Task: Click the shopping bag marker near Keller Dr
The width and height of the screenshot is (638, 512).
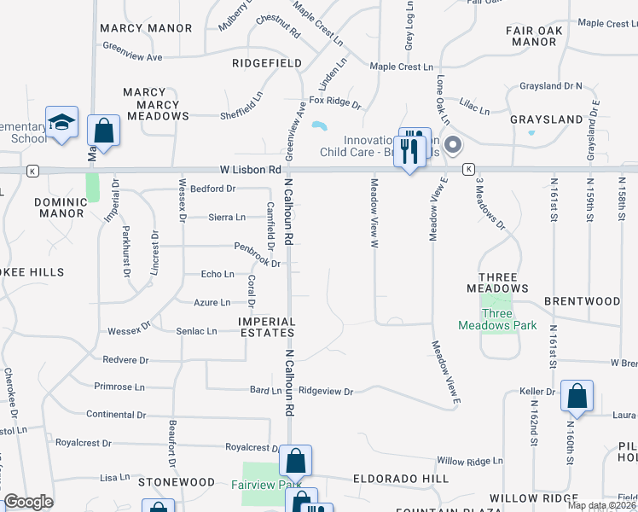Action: tap(577, 397)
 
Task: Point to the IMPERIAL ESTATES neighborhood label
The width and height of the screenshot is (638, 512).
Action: tap(266, 328)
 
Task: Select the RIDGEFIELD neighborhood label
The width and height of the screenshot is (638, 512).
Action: tap(267, 63)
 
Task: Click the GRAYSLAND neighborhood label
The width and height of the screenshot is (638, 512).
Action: tap(546, 119)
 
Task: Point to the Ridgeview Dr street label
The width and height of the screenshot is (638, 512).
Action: tap(325, 391)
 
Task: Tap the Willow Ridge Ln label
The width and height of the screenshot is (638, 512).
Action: tap(469, 460)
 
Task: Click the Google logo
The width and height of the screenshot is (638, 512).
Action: tap(28, 502)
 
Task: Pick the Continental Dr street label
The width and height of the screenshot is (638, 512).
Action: tap(116, 415)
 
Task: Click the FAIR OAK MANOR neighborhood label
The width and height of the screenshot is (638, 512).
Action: tap(535, 36)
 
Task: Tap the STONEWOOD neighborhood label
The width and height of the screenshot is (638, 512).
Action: tap(177, 482)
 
